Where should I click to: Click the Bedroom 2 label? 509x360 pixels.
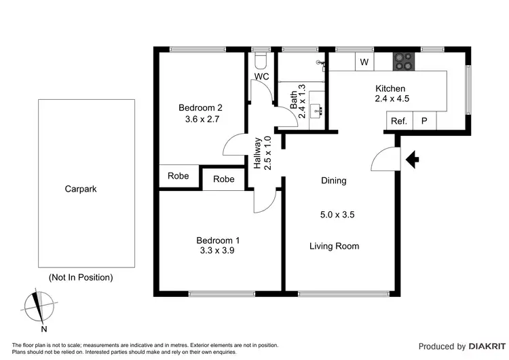(200, 107)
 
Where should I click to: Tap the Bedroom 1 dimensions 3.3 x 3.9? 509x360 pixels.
(218, 251)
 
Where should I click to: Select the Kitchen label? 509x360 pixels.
(390, 88)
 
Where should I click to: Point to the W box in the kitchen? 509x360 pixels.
(364, 62)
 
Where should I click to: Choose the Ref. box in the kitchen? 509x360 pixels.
(398, 122)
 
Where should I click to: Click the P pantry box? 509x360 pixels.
(424, 122)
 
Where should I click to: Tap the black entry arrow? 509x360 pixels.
(412, 160)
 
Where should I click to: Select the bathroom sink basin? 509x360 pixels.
(316, 110)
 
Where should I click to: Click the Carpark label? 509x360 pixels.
(81, 190)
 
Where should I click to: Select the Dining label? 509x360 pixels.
(333, 181)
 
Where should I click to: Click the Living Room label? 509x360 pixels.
(334, 246)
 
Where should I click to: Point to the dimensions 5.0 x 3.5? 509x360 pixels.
(337, 215)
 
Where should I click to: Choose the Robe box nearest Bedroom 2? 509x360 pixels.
(178, 176)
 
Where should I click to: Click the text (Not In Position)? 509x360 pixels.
(81, 277)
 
